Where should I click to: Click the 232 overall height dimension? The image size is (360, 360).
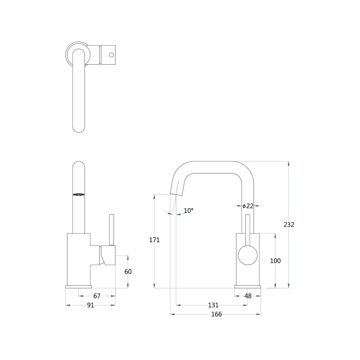pyautogui.click(x=289, y=225)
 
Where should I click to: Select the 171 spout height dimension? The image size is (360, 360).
pyautogui.click(x=154, y=240)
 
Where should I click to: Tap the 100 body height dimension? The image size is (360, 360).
pyautogui.click(x=275, y=261)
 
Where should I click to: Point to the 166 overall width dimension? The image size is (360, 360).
pyautogui.click(x=217, y=314)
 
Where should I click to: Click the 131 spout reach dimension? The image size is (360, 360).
pyautogui.click(x=213, y=305)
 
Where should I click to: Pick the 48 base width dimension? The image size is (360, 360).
pyautogui.click(x=248, y=296)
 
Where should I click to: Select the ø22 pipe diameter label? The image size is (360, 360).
pyautogui.click(x=248, y=206)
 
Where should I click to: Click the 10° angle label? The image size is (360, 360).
pyautogui.click(x=188, y=211)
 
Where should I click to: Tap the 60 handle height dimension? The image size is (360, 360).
pyautogui.click(x=128, y=272)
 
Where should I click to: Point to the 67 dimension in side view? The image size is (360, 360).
pyautogui.click(x=97, y=296)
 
